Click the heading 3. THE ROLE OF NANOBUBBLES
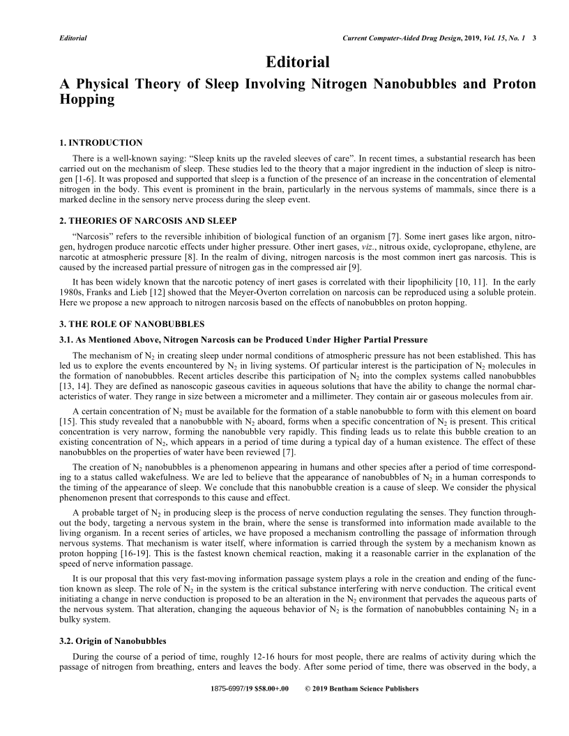pos(132,325)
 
